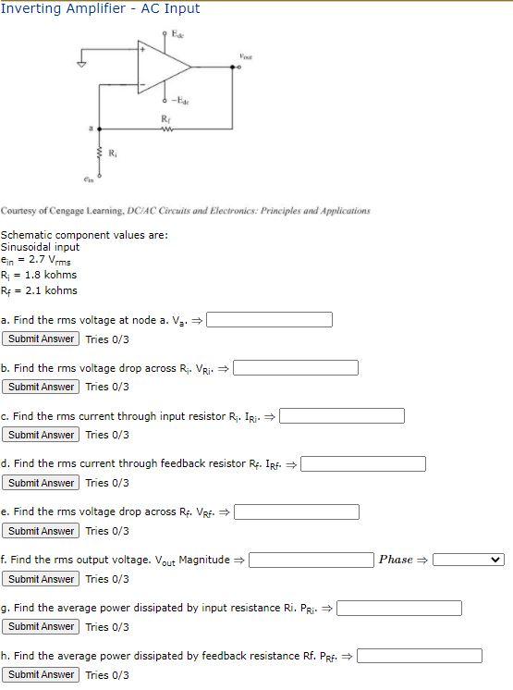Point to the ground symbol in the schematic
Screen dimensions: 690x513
80,65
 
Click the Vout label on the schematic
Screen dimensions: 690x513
244,56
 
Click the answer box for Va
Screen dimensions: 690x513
270,320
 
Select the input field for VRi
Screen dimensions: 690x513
296,368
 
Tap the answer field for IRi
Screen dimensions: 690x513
342,416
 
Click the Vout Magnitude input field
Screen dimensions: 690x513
311,560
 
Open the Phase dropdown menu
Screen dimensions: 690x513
470,560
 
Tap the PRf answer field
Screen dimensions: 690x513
420,656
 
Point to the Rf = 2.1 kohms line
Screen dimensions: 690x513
39,290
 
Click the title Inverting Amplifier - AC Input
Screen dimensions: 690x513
100,8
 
